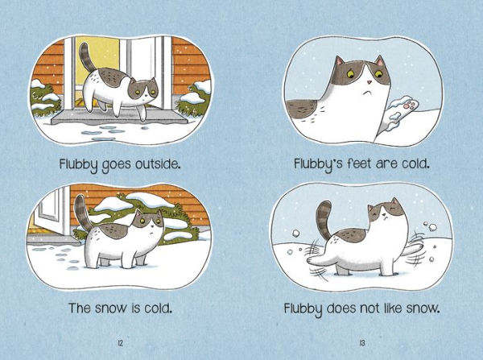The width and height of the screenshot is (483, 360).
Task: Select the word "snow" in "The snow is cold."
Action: pos(107,308)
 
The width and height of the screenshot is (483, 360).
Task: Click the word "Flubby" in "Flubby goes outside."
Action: pos(80,165)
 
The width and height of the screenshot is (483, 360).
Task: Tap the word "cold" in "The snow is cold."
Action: pos(159,308)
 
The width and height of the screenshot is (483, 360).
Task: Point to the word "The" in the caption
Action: pos(75,308)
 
